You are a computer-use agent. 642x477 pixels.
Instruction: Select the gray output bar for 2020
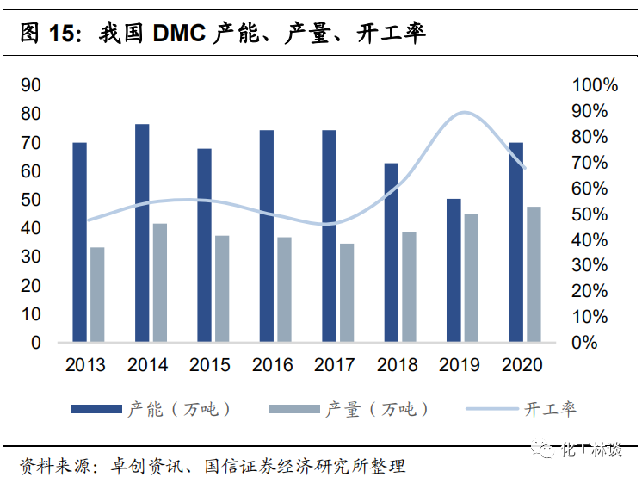[534, 274]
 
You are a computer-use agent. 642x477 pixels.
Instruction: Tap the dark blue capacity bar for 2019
[454, 270]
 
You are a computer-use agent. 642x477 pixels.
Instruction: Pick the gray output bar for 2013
[97, 294]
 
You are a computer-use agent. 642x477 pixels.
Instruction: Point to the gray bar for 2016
[284, 289]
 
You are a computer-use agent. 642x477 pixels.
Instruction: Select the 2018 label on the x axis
[398, 365]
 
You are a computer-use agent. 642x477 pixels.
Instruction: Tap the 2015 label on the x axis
[210, 365]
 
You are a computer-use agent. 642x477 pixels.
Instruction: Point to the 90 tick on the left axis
[31, 85]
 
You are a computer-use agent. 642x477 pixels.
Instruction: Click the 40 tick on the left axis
[31, 228]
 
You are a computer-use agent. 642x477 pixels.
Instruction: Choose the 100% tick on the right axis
[595, 85]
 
